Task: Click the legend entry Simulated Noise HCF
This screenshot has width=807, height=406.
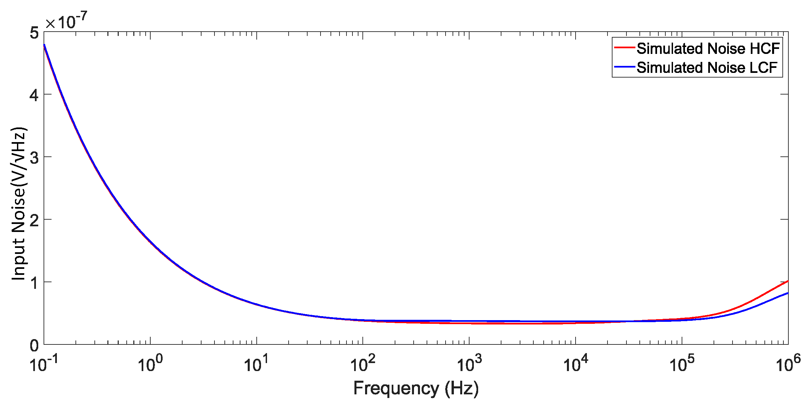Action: [708, 49]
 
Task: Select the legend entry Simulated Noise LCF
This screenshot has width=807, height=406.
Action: [707, 68]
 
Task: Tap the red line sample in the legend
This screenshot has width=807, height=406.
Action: [624, 48]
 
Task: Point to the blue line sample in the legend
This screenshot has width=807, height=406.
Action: [624, 67]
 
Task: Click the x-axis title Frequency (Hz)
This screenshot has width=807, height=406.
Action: [416, 388]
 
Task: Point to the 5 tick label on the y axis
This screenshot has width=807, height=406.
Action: [34, 33]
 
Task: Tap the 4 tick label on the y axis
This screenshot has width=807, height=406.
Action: [34, 95]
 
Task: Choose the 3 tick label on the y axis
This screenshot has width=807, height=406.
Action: [34, 158]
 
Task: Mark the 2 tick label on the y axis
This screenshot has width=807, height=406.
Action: [34, 220]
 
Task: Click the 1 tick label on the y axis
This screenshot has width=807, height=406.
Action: [34, 283]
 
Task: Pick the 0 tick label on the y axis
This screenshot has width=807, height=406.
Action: [34, 346]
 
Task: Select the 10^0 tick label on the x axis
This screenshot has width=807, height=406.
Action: [150, 364]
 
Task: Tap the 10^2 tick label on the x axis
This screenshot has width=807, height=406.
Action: [363, 364]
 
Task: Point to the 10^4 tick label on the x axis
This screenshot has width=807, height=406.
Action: [576, 364]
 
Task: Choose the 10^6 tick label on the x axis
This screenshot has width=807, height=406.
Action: [788, 364]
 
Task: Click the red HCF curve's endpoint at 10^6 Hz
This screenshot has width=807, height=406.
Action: [787, 282]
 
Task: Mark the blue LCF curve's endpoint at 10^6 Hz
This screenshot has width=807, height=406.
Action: [787, 293]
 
